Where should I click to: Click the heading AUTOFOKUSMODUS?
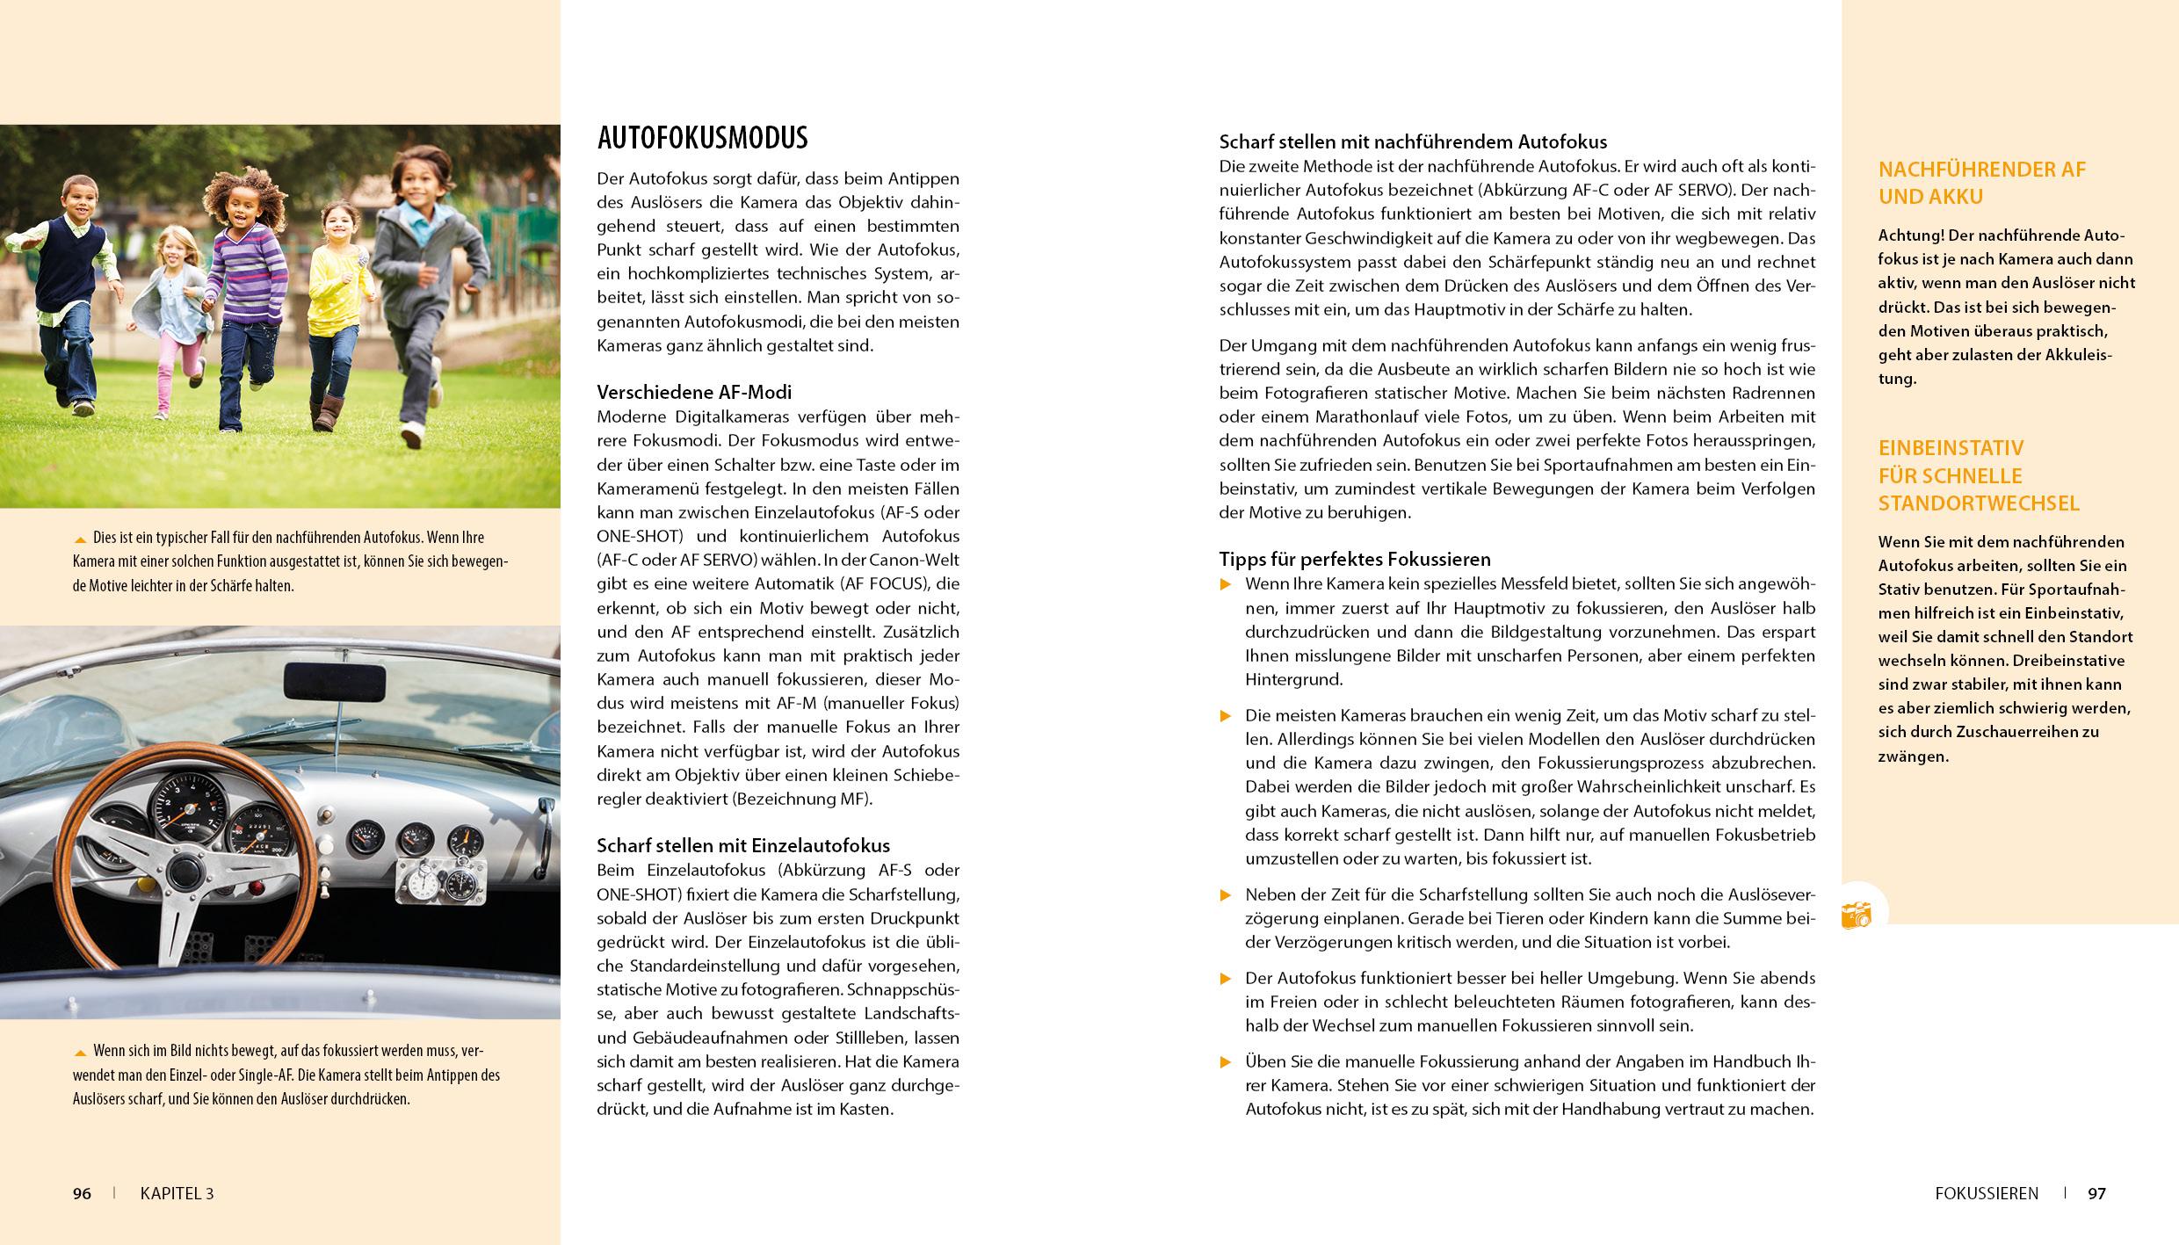[x=702, y=138]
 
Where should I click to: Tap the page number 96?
[x=82, y=1193]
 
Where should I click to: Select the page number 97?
[x=2097, y=1193]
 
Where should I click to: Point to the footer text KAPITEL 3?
[x=177, y=1193]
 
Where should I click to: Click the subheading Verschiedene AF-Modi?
[x=694, y=392]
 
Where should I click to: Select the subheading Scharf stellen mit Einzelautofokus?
[x=743, y=845]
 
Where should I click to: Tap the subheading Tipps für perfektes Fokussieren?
[x=1355, y=559]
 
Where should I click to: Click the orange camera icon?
[x=1857, y=915]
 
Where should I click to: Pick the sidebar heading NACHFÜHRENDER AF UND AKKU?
[x=1982, y=183]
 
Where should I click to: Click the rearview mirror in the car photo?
[x=335, y=679]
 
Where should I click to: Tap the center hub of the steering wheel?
[x=183, y=872]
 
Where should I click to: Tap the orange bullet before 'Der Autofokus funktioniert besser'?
[x=1227, y=979]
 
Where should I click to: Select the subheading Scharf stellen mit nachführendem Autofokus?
[x=1413, y=141]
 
